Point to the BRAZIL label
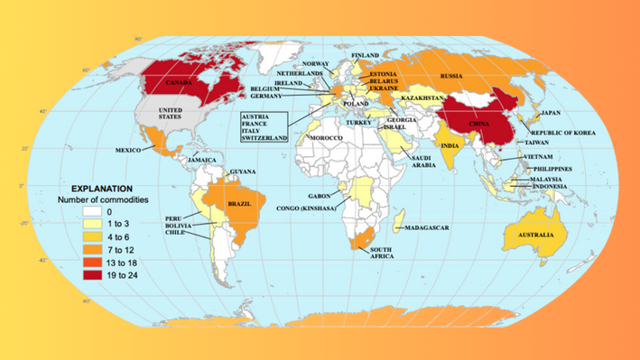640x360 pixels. (x=240, y=205)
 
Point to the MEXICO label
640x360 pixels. (x=128, y=150)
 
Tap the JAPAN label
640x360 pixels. (x=551, y=113)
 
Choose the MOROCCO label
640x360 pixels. (x=326, y=137)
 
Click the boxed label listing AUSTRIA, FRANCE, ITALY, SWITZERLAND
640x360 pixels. (x=264, y=127)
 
